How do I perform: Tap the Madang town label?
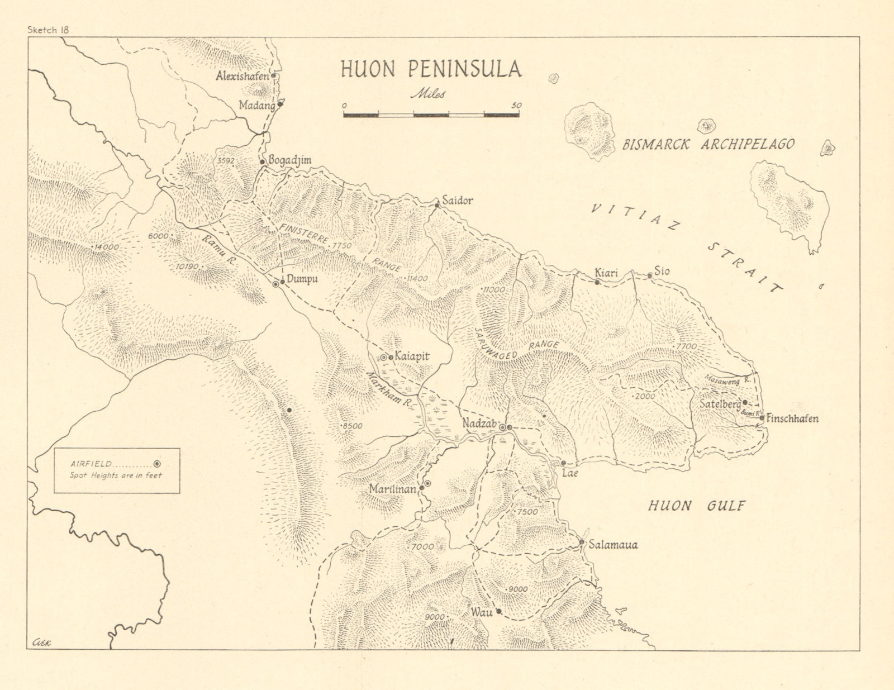click(x=256, y=105)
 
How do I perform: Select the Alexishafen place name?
click(x=242, y=76)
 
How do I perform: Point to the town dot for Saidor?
click(x=438, y=206)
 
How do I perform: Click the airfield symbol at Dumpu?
click(x=275, y=284)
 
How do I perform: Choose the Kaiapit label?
click(x=411, y=355)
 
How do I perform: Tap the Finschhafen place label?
click(x=792, y=418)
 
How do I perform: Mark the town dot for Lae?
click(x=563, y=463)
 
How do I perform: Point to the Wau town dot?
click(x=499, y=612)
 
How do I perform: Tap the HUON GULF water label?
click(x=697, y=506)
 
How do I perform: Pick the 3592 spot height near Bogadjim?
click(x=226, y=160)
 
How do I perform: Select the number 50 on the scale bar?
click(x=516, y=105)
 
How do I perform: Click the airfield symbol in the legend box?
click(x=158, y=464)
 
